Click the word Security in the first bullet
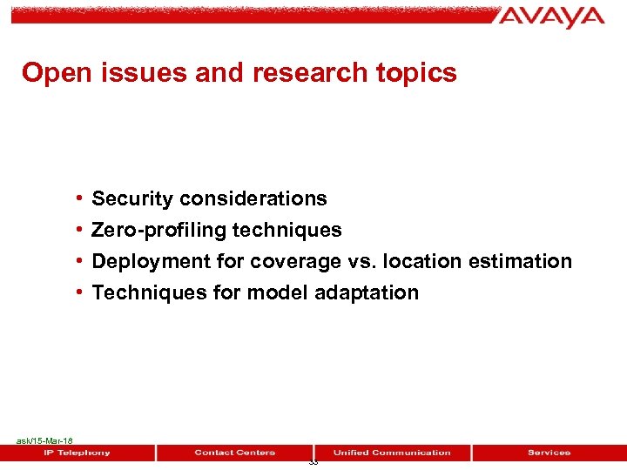tap(131, 199)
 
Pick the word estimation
tap(520, 262)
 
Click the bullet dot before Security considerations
tap(79, 199)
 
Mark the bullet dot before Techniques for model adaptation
tap(79, 293)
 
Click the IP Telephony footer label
tap(78, 453)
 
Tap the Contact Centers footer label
tap(235, 453)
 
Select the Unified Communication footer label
tap(392, 453)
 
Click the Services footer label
tap(549, 453)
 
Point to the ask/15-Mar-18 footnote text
tap(44, 441)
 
